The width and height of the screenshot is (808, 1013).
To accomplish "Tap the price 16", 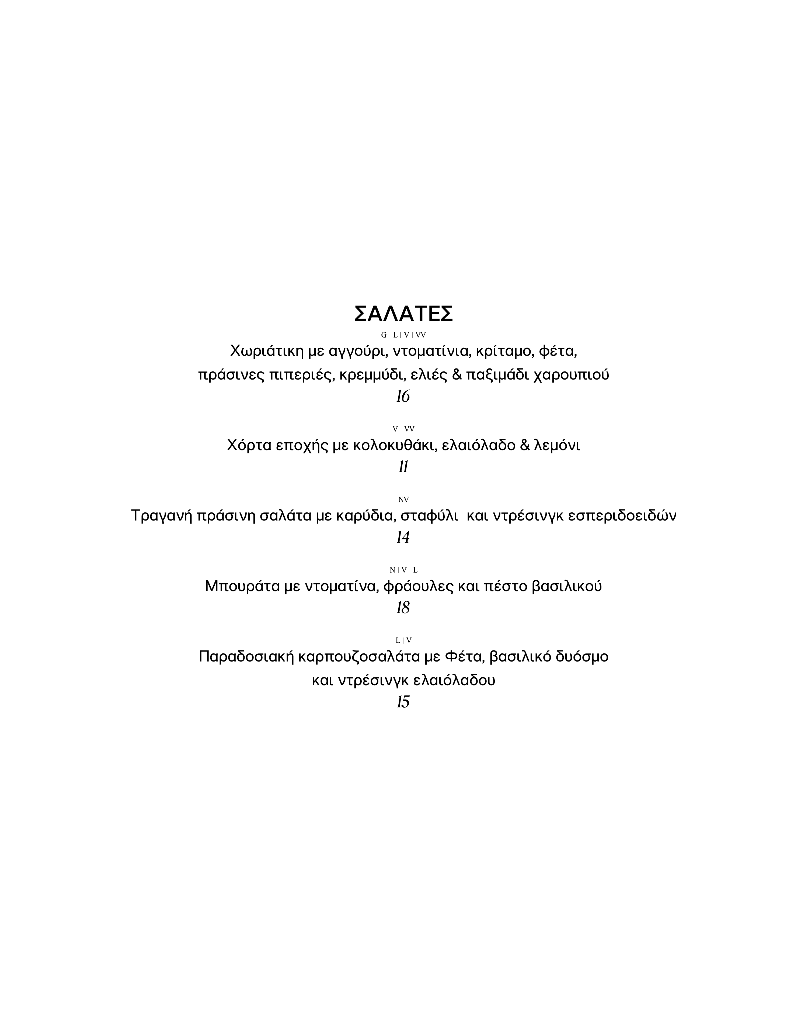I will (x=403, y=397).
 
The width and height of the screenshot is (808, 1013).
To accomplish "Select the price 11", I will (x=403, y=467).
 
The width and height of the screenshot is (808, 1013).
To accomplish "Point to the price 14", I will (x=403, y=537).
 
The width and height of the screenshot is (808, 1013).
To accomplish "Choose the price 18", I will (x=403, y=608).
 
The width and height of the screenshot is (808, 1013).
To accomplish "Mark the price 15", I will (x=403, y=702).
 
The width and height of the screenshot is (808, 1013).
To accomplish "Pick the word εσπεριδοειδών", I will (x=622, y=516).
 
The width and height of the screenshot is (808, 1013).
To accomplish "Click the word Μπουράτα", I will (x=242, y=586).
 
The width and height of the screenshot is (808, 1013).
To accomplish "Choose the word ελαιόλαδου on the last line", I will (x=454, y=680).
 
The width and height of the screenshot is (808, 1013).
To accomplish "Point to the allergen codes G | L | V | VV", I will (x=403, y=335).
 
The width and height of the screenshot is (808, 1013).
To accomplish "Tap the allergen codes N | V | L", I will (x=403, y=570).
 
